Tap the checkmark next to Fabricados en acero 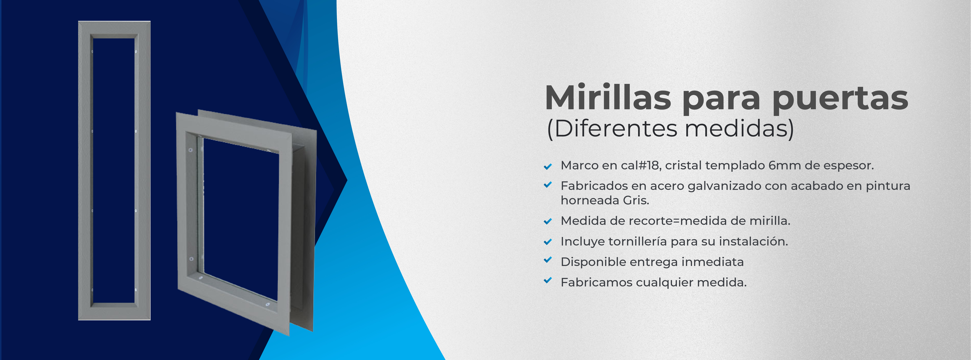[x=548, y=185]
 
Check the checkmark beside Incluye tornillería [x=548, y=242]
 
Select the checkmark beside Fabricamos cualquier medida [x=548, y=280]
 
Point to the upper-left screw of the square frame [x=190, y=150]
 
